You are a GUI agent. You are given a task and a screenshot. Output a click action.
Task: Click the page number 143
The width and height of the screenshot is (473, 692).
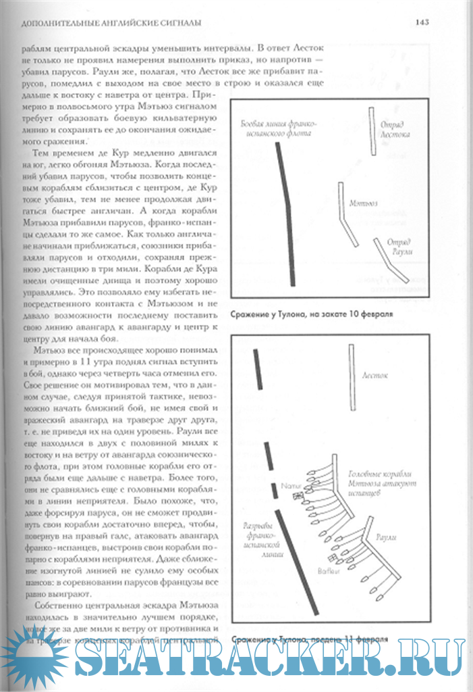coord(422,22)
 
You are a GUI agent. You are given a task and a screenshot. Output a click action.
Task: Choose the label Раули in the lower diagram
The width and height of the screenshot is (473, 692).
coord(386,537)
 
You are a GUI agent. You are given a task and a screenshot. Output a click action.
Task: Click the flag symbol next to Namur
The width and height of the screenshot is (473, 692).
coord(298,497)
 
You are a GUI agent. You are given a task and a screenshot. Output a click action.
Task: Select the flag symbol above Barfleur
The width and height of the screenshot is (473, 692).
coord(331,558)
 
